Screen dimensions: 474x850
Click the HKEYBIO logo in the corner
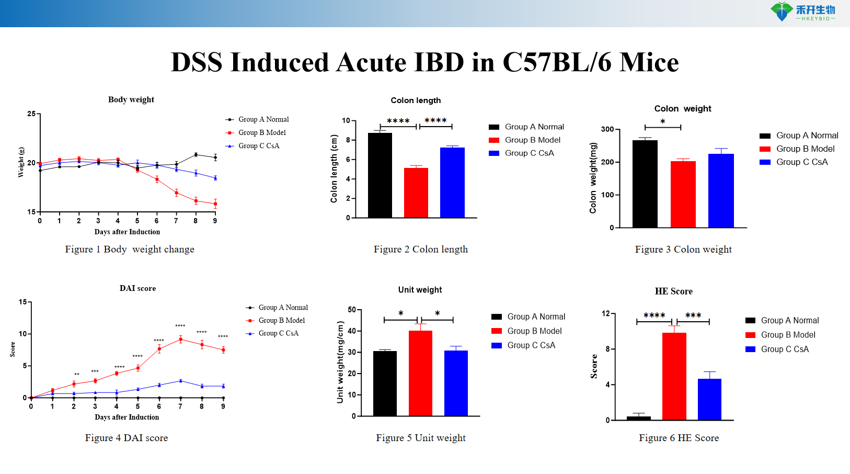coord(802,12)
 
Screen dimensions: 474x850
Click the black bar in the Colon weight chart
coord(645,184)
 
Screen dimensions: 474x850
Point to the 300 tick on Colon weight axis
coord(607,129)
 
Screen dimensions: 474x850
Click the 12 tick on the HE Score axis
coord(606,313)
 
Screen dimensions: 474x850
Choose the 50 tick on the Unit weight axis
coord(352,310)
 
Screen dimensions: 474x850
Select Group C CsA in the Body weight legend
coord(259,146)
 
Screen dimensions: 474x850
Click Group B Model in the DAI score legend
coord(281,320)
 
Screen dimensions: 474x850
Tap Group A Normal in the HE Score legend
coord(789,320)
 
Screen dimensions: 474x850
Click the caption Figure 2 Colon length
coord(420,250)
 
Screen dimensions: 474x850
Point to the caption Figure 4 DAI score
coord(127,438)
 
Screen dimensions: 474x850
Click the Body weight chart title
coord(131,99)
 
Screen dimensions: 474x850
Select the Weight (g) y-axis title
coord(21,162)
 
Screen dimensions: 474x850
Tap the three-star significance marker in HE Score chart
coord(693,315)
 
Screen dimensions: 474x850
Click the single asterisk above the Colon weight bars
coord(662,122)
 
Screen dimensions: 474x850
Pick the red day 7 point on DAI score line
coord(180,340)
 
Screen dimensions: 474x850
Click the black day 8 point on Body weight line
coord(196,155)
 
